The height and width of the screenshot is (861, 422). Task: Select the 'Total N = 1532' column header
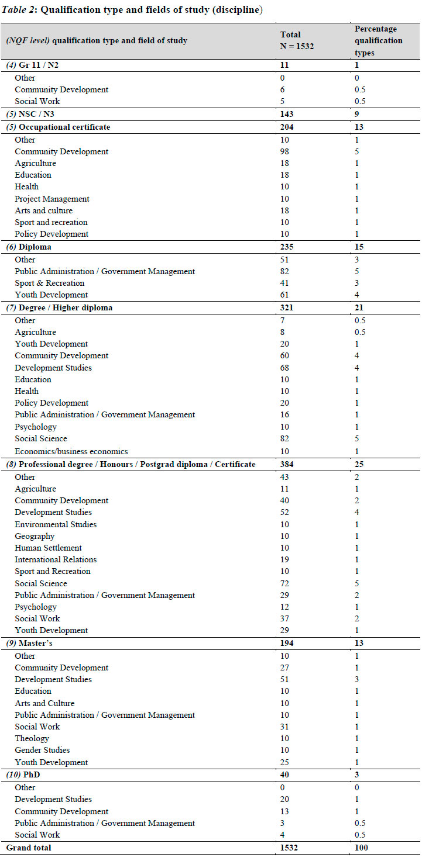click(297, 40)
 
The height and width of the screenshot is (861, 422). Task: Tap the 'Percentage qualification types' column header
click(378, 40)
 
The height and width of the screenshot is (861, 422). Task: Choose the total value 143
click(287, 114)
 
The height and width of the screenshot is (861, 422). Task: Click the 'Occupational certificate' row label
click(64, 127)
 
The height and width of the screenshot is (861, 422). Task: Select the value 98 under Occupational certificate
click(285, 151)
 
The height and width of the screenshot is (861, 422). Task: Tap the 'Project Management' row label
click(52, 199)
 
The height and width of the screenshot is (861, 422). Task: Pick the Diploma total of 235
click(287, 247)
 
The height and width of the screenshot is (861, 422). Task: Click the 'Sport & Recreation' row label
click(50, 283)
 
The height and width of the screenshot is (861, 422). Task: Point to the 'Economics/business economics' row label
click(71, 451)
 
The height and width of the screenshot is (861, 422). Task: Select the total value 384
click(287, 464)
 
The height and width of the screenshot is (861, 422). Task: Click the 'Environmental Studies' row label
click(56, 524)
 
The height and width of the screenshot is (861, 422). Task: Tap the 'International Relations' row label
click(56, 559)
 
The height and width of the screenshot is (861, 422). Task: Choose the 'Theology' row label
click(32, 738)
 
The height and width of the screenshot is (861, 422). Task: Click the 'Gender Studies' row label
click(42, 750)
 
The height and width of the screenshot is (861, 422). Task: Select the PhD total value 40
click(285, 775)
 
